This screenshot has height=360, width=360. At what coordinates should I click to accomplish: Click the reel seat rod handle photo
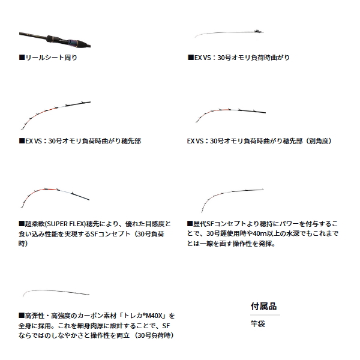coord(55,40)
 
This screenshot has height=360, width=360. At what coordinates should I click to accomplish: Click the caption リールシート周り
coord(51,58)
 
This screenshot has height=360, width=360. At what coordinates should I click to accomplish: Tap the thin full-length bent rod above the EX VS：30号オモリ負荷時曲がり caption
coord(229,33)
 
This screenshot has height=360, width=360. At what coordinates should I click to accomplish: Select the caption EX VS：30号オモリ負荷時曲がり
coord(242,58)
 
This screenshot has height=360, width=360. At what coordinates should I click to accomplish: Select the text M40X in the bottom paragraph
coord(154,316)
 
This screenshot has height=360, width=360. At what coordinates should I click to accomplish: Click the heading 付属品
coord(263,306)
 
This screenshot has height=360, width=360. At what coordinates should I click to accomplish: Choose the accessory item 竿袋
coord(258,324)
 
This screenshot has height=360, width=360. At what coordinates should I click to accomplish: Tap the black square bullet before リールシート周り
coord(22,58)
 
